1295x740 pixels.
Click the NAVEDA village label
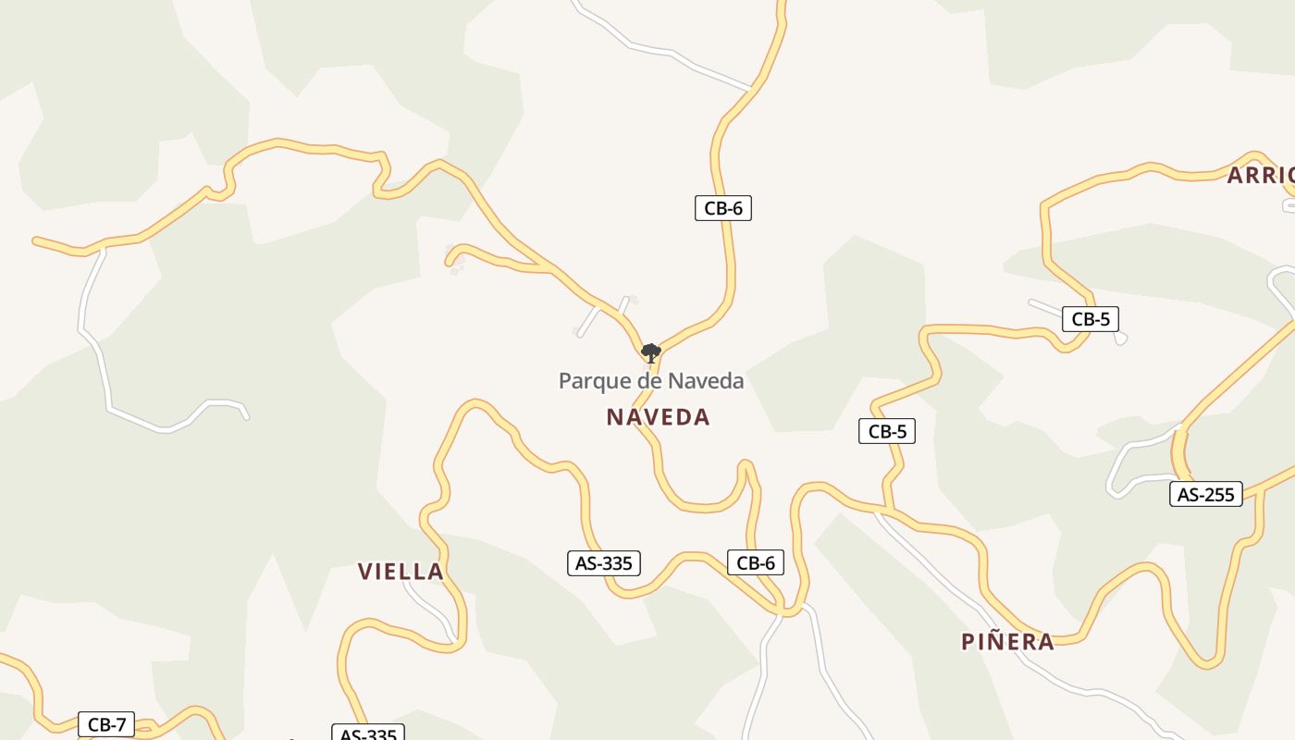658,417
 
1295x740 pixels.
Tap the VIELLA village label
401,572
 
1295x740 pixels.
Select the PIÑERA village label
1007,642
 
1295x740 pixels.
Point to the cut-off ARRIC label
1260,176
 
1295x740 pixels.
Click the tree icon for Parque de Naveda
650,352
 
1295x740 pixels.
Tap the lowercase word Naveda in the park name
706,381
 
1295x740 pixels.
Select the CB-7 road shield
106,724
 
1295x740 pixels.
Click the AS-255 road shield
1205,494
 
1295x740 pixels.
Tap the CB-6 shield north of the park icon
722,208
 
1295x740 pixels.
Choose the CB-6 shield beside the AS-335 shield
755,562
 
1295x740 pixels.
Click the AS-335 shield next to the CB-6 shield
603,562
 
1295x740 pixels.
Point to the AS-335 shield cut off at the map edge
368,734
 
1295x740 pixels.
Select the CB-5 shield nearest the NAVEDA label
886,431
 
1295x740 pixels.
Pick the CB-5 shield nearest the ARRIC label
1090,319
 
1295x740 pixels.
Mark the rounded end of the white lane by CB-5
1121,339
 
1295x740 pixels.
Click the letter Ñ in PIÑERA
995,641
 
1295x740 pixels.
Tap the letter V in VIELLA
364,572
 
